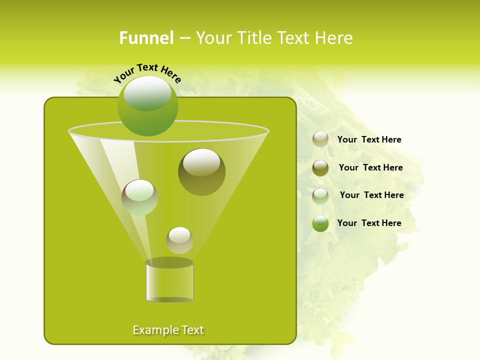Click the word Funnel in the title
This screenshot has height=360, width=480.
pyautogui.click(x=146, y=38)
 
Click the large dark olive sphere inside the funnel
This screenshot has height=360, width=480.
pyautogui.click(x=201, y=172)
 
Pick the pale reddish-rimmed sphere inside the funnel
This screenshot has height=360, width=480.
pyautogui.click(x=139, y=197)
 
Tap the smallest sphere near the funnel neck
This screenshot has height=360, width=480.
pyautogui.click(x=179, y=240)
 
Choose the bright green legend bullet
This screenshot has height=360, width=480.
pyautogui.click(x=320, y=223)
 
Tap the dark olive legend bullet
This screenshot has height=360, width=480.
pyautogui.click(x=320, y=168)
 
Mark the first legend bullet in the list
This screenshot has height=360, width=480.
pyautogui.click(x=320, y=139)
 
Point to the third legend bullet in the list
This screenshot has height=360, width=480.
pyautogui.click(x=320, y=196)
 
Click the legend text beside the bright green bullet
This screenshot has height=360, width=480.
pyautogui.click(x=369, y=223)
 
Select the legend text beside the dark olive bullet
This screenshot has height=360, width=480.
pyautogui.click(x=370, y=167)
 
